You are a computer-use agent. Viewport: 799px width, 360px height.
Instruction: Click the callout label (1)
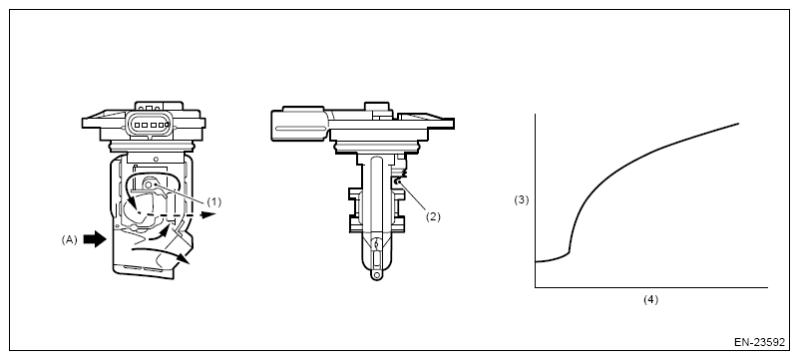coord(214,202)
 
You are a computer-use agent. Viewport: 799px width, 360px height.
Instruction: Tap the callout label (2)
coord(433,217)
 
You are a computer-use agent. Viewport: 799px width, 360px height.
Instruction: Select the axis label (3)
coord(522,200)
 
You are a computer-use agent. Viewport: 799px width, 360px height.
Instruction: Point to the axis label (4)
coord(650,300)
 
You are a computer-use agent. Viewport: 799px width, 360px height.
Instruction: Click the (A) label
coord(69,239)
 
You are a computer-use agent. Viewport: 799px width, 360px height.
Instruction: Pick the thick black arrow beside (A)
coord(95,238)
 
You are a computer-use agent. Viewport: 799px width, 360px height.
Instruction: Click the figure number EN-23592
coord(759,342)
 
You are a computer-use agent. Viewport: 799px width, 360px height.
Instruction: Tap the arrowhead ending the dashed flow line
coord(207,214)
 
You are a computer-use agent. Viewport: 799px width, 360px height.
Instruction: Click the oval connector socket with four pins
coord(149,124)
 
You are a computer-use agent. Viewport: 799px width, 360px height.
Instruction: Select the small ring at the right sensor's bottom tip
coord(376,275)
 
